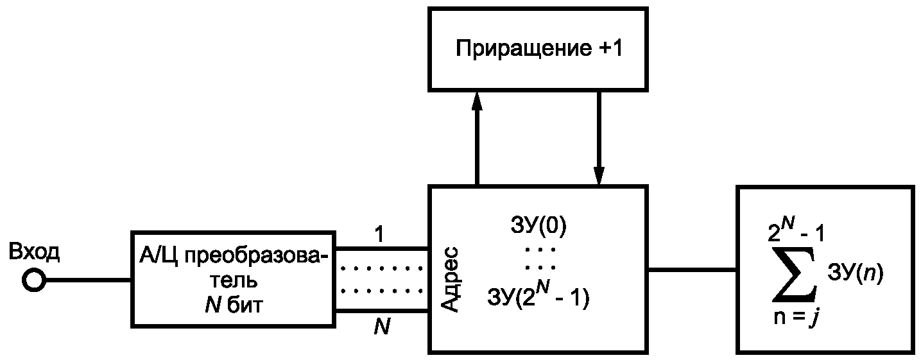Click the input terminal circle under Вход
point(33,280)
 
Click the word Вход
point(35,253)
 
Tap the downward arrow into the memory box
point(599,138)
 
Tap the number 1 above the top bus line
point(381,236)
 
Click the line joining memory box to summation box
point(693,270)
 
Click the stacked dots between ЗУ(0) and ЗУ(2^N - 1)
point(539,257)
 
